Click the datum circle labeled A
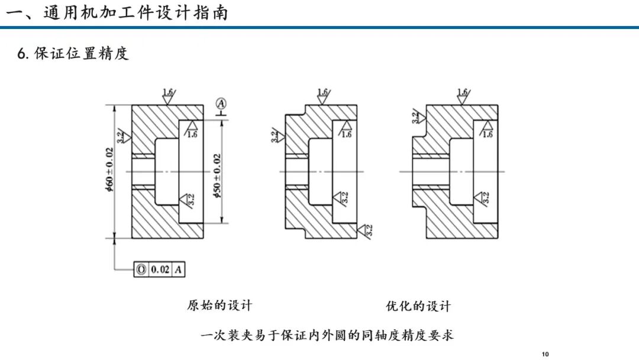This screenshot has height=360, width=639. pyautogui.click(x=221, y=104)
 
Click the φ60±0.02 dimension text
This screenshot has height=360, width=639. pyautogui.click(x=109, y=170)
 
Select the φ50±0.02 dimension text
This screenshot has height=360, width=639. pyautogui.click(x=217, y=176)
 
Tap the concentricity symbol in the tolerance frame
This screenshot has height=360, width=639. pyautogui.click(x=141, y=269)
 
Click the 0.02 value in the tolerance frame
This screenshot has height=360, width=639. pyautogui.click(x=160, y=269)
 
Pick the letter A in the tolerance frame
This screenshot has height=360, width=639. pyautogui.click(x=179, y=269)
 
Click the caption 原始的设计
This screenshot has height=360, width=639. pyautogui.click(x=220, y=306)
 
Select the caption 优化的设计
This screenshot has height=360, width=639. pyautogui.click(x=418, y=306)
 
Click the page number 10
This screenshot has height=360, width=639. pyautogui.click(x=546, y=354)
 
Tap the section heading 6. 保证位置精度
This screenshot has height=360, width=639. pyautogui.click(x=73, y=53)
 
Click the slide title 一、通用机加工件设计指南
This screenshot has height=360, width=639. pyautogui.click(x=117, y=12)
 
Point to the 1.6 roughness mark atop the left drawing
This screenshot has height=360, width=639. pyautogui.click(x=168, y=97)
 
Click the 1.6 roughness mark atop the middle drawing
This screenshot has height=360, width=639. pyautogui.click(x=323, y=97)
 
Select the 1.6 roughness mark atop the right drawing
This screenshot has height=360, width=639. pyautogui.click(x=463, y=97)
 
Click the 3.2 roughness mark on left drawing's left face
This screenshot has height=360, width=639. pyautogui.click(x=124, y=136)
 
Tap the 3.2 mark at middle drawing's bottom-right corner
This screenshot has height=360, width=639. pyautogui.click(x=364, y=230)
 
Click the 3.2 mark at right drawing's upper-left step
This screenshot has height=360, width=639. pyautogui.click(x=418, y=117)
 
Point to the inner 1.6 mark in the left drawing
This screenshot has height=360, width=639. pyautogui.click(x=191, y=129)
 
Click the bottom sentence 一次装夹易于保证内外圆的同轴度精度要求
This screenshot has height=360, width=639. pyautogui.click(x=327, y=336)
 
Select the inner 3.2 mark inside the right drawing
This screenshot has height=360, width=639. pyautogui.click(x=482, y=198)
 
